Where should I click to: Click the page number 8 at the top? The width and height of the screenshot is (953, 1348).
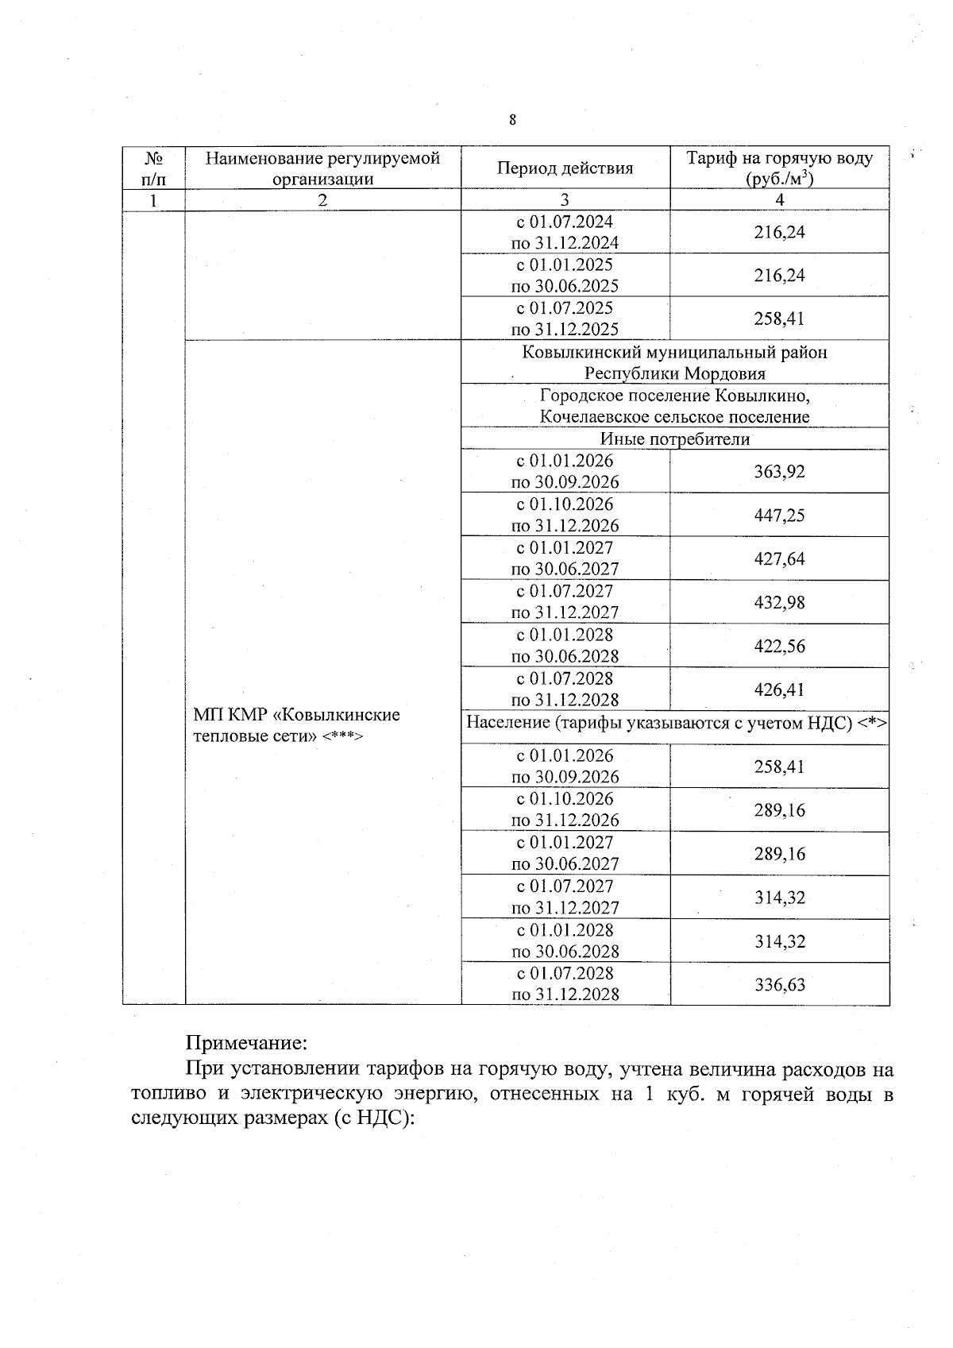click(x=512, y=120)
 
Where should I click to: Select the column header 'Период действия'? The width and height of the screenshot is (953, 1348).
click(x=565, y=168)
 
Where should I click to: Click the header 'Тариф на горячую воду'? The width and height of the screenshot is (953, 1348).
click(x=779, y=158)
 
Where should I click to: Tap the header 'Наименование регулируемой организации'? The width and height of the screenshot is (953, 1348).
click(x=322, y=168)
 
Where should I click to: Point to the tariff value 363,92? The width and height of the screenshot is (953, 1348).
click(x=779, y=472)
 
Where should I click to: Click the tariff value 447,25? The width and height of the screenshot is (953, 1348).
click(x=779, y=516)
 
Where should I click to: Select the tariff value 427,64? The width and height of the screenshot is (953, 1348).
click(x=779, y=559)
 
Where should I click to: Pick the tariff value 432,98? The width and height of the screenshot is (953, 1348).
click(x=779, y=603)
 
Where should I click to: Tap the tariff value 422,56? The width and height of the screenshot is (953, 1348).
click(x=779, y=647)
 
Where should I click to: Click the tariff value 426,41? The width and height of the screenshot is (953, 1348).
click(x=779, y=689)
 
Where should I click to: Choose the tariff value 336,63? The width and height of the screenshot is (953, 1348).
click(x=779, y=985)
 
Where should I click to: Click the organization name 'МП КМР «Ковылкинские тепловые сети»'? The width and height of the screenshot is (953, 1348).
click(x=297, y=725)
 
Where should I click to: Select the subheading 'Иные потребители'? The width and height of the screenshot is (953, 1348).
click(x=675, y=439)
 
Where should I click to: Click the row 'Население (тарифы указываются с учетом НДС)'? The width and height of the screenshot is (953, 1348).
click(x=675, y=722)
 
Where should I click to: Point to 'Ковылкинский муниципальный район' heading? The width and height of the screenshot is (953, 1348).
click(x=675, y=353)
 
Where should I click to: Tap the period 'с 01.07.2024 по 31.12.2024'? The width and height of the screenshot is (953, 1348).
click(x=565, y=233)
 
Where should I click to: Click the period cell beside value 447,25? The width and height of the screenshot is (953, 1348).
click(x=565, y=516)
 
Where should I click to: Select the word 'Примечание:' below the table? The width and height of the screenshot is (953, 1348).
click(x=245, y=1041)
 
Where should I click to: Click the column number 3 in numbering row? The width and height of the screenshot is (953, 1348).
click(x=565, y=200)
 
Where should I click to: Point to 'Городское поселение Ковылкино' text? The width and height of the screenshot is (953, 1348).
click(x=675, y=396)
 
